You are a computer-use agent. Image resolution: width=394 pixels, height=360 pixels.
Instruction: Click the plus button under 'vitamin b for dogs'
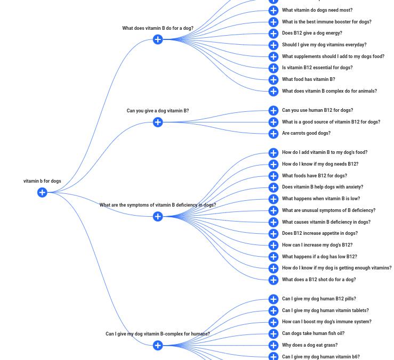[x=42, y=192]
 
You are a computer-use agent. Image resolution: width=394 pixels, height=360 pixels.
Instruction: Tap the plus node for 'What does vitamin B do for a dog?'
[x=158, y=39]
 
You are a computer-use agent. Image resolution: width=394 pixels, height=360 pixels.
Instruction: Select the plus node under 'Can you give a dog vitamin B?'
[x=158, y=122]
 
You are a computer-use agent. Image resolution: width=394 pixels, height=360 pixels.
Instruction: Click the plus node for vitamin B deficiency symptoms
[x=158, y=216]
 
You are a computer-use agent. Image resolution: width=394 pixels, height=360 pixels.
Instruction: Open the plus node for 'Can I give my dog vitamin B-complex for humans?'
[x=158, y=345]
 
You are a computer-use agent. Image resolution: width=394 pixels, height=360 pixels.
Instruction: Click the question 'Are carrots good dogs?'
[x=306, y=133]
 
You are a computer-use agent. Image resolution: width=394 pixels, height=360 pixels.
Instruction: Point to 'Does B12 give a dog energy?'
[x=312, y=33]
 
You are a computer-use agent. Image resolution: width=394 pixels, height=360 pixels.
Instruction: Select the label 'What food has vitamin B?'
[x=308, y=79]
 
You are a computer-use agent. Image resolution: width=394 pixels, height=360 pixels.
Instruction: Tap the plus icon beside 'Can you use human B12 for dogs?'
[x=274, y=110]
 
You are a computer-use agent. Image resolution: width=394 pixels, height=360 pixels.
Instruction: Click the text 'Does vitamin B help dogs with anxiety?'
[x=322, y=187]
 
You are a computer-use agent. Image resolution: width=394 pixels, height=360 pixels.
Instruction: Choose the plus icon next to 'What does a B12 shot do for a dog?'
[x=274, y=280]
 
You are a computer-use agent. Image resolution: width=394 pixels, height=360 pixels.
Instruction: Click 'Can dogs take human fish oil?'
[x=313, y=333]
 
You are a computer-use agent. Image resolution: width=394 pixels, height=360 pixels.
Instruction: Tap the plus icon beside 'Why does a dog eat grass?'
[x=274, y=345]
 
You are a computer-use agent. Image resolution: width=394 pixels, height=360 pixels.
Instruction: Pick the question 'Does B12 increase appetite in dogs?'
[x=319, y=233]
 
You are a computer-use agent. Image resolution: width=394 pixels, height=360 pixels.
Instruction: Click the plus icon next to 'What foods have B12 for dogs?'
[x=274, y=176]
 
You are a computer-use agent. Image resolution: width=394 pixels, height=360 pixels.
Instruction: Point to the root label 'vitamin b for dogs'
[x=42, y=181]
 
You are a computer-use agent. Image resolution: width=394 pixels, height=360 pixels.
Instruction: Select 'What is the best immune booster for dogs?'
[x=326, y=22]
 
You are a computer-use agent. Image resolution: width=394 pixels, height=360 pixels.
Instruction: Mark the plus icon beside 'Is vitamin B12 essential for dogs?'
[x=274, y=68]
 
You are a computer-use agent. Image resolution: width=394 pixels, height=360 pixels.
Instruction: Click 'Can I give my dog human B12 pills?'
[x=319, y=299]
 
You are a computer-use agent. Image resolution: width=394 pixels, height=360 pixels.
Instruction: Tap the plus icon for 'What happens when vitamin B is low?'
[x=274, y=199]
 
